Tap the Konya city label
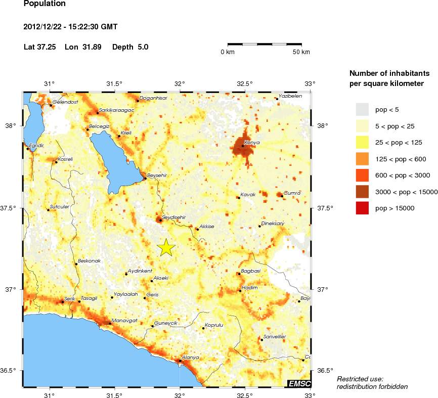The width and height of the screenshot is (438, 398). tap(251, 143)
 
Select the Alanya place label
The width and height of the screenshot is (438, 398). tap(190, 357)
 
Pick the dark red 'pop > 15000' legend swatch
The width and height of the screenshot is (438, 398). tap(362, 208)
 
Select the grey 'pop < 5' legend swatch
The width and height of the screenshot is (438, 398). tap(362, 109)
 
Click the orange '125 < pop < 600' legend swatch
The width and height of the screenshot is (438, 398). tap(362, 159)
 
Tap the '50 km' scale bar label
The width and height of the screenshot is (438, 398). tap(301, 52)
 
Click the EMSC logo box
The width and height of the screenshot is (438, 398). tap(299, 384)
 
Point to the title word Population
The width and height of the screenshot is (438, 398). tap(45, 4)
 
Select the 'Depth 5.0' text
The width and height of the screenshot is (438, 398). tap(130, 47)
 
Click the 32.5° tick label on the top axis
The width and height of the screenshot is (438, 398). tap(245, 83)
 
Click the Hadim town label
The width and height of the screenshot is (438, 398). tap(250, 287)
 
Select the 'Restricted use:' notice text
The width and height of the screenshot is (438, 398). tap(360, 379)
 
